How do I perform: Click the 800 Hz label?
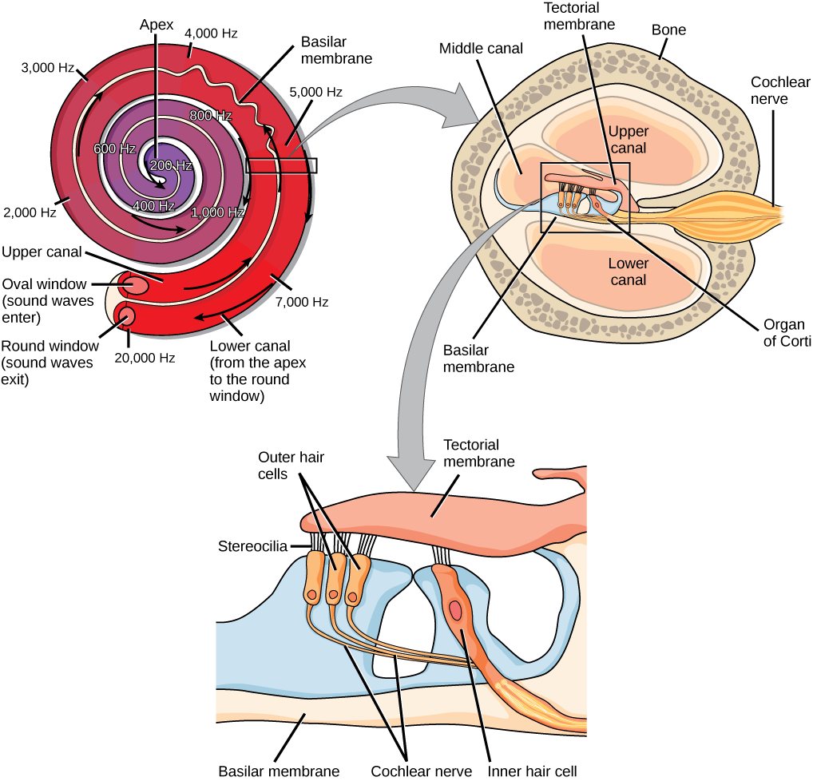pos(211,116)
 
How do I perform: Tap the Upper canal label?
pos(628,140)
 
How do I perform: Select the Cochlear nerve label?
pos(421,772)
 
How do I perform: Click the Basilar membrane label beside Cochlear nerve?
pos(279,772)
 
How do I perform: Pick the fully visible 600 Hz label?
pos(114,149)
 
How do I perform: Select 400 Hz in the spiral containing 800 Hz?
pos(154,206)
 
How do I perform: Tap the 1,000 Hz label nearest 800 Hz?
pos(217,212)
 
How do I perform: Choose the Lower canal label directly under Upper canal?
pos(628,272)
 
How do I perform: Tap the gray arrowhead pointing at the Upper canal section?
pos(462,118)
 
